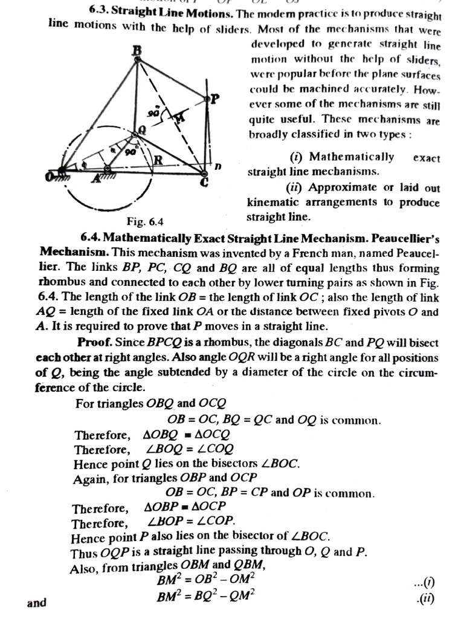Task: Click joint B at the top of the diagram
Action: pos(137,59)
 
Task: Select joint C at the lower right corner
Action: pos(204,174)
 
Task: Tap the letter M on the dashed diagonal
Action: pos(179,118)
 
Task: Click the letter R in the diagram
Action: pos(158,160)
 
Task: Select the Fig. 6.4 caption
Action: pos(145,220)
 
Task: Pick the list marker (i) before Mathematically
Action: pos(297,157)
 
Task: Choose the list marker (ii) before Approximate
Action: pos(296,187)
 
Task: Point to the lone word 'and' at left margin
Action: pos(37,603)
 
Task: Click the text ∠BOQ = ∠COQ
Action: pos(190,450)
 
